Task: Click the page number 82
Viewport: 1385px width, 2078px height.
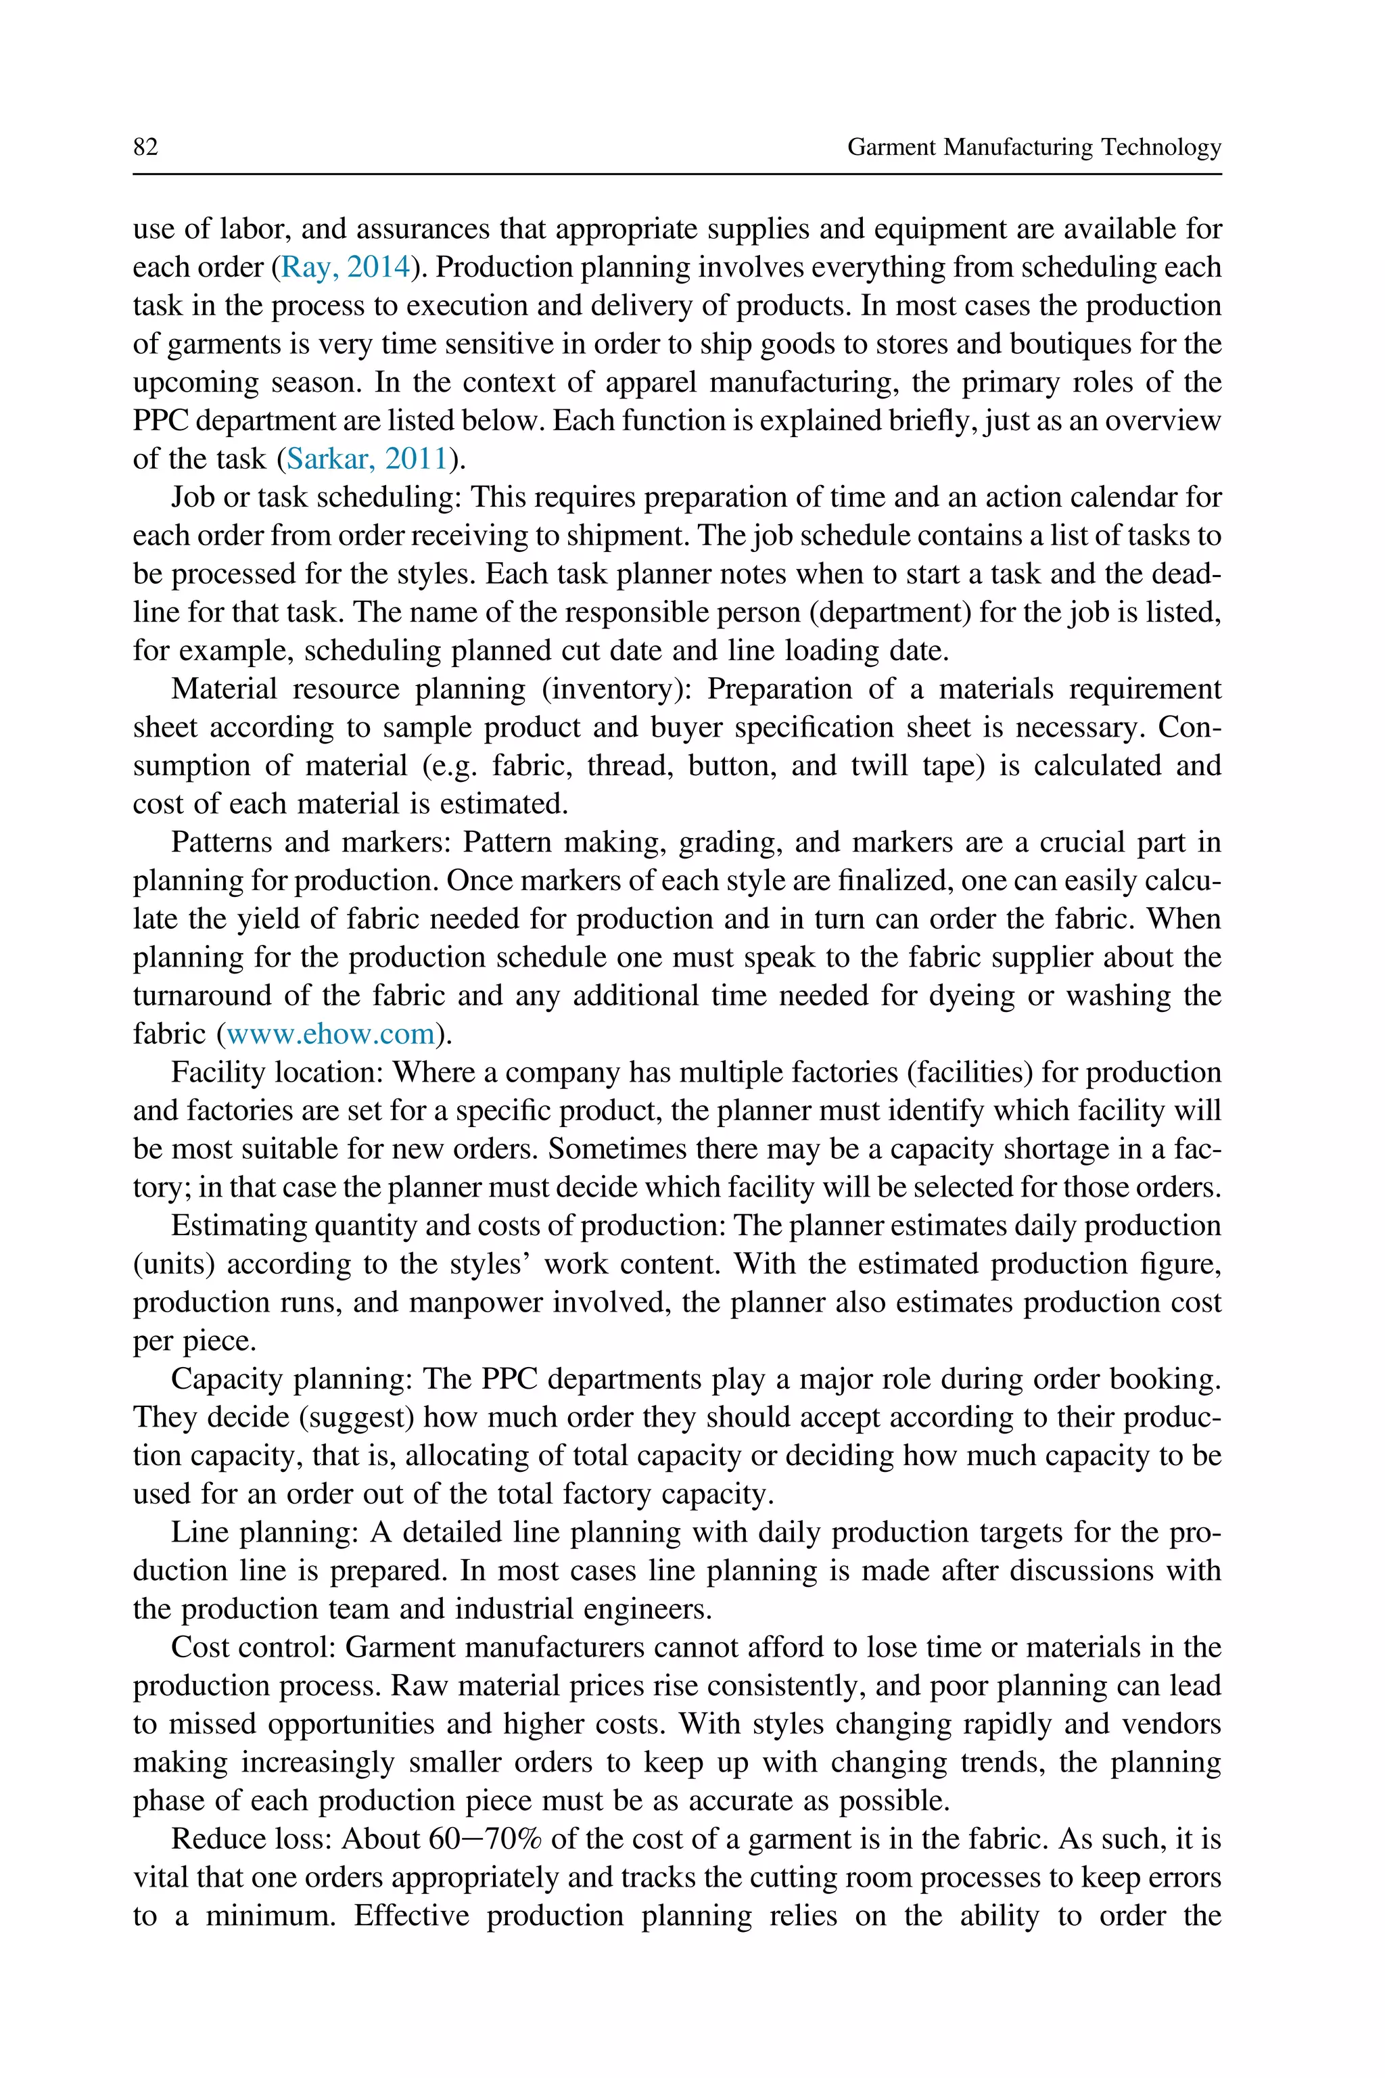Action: coord(146,147)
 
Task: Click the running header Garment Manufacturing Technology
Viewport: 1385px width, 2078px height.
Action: coord(1034,147)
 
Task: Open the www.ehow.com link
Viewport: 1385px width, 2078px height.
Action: coord(331,1034)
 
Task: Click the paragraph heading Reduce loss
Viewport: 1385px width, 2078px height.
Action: coord(251,1839)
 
